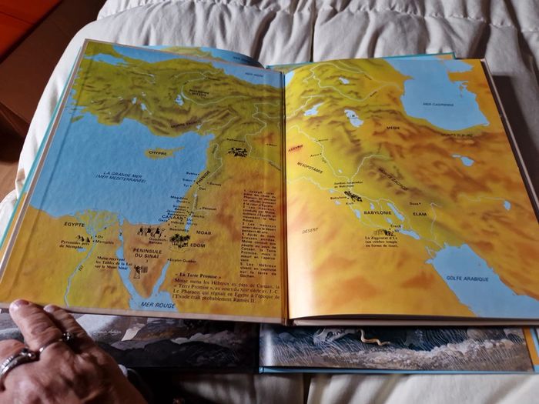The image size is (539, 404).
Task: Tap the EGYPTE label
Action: (x=75, y=224)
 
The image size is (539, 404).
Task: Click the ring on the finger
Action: (x=19, y=357)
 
